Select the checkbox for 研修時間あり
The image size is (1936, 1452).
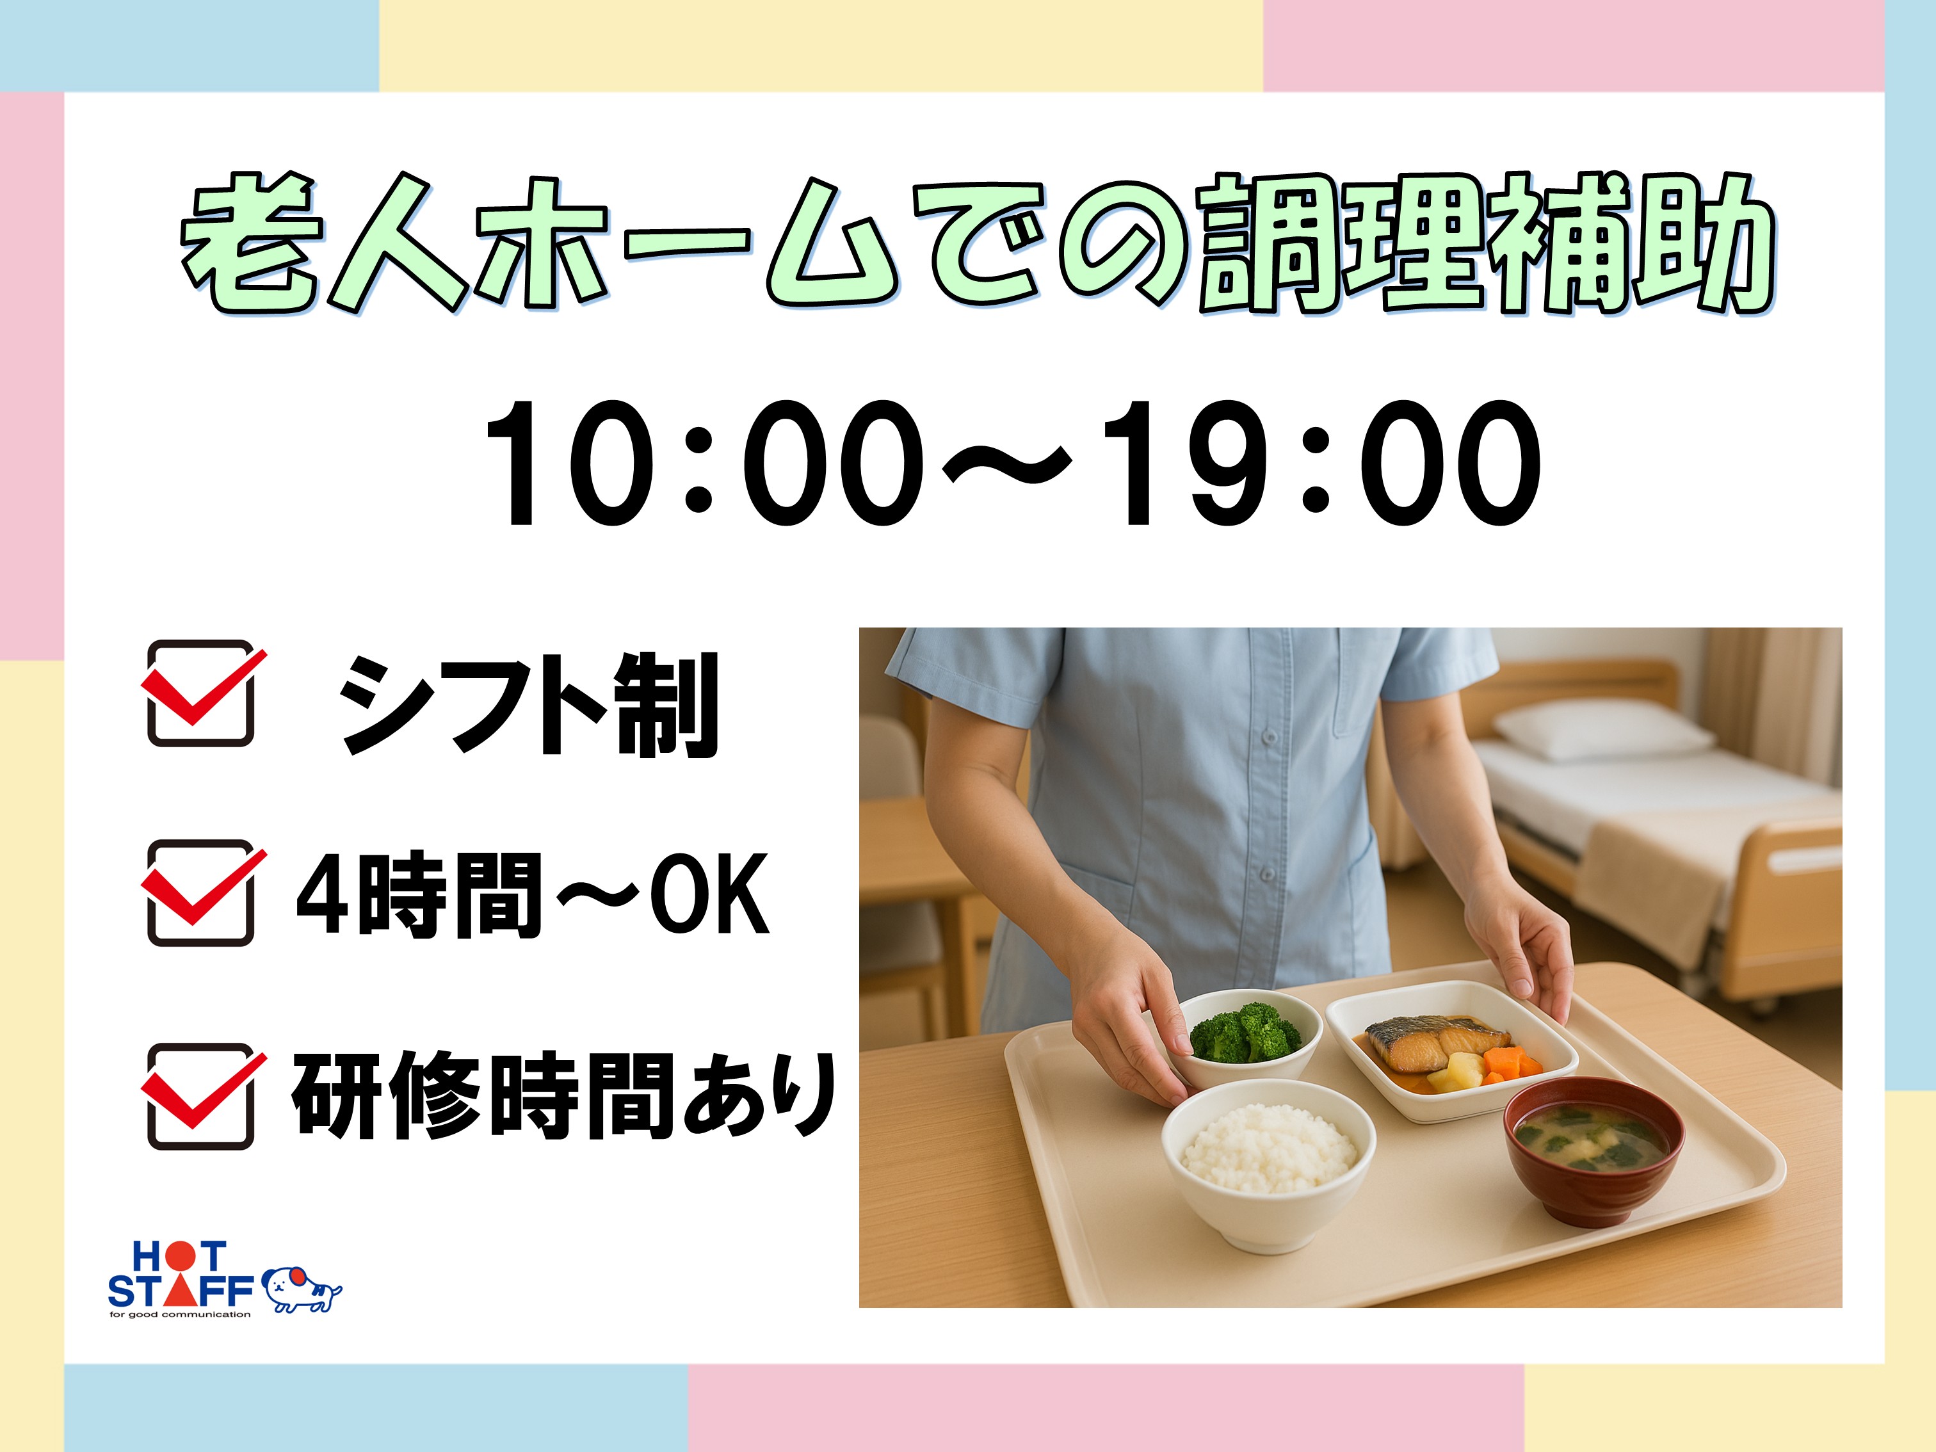[x=201, y=1096]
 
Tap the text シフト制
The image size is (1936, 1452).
[x=529, y=705]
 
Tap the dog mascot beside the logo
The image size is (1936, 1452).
[x=301, y=1289]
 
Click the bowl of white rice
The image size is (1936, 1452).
[x=1268, y=1161]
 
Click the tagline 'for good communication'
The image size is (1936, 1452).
[x=179, y=1314]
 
